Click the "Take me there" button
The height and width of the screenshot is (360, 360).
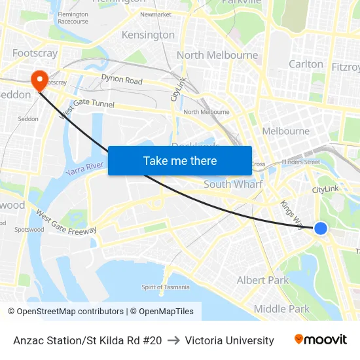pyautogui.click(x=180, y=160)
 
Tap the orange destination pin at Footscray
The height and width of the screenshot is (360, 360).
pyautogui.click(x=40, y=80)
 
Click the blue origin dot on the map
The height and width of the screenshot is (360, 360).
pyautogui.click(x=320, y=228)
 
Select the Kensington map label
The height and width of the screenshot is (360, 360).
pyautogui.click(x=148, y=35)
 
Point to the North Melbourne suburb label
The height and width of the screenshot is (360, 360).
pyautogui.click(x=217, y=55)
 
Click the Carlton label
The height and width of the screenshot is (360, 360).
pyautogui.click(x=306, y=64)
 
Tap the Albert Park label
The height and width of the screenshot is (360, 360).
pyautogui.click(x=262, y=280)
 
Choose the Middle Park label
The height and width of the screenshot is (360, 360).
pyautogui.click(x=281, y=309)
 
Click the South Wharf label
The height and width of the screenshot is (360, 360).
pyautogui.click(x=233, y=185)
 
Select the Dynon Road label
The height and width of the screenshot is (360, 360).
pyautogui.click(x=122, y=80)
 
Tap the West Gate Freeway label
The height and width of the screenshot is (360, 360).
pyautogui.click(x=66, y=223)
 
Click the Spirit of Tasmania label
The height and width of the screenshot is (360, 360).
pyautogui.click(x=166, y=287)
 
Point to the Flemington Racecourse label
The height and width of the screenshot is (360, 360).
pyautogui.click(x=73, y=18)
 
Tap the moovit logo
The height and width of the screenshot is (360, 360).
pyautogui.click(x=321, y=340)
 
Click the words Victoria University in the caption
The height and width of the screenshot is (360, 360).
pyautogui.click(x=229, y=340)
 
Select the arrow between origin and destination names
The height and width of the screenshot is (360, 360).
pyautogui.click(x=173, y=340)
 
